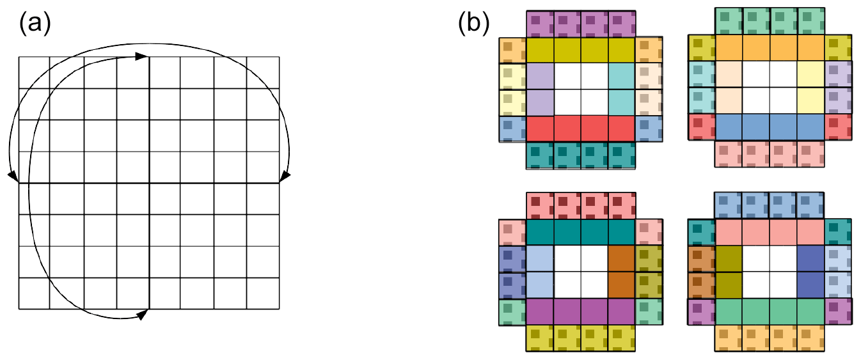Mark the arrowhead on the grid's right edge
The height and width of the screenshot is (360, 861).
pyautogui.click(x=285, y=175)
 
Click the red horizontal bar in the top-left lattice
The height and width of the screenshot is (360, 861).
pyautogui.click(x=580, y=129)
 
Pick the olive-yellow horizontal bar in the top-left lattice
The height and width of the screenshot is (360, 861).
pyautogui.click(x=580, y=50)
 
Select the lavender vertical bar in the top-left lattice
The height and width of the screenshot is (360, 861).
pyautogui.click(x=539, y=90)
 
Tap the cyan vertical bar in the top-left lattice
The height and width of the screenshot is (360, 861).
pyautogui.click(x=621, y=90)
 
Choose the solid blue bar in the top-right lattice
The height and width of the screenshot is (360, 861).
pyautogui.click(x=770, y=127)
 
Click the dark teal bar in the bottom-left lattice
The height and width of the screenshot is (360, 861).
pyautogui.click(x=580, y=232)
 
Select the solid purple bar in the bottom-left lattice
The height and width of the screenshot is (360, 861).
pyautogui.click(x=580, y=311)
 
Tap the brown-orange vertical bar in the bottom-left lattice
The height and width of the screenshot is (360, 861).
pyautogui.click(x=621, y=272)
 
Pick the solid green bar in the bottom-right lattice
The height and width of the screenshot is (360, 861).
pyautogui.click(x=770, y=311)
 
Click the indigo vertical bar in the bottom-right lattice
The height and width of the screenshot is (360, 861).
pyautogui.click(x=810, y=272)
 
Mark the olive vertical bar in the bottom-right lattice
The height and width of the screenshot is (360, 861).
pyautogui.click(x=729, y=272)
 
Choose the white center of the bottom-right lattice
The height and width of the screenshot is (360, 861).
pyautogui.click(x=770, y=272)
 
